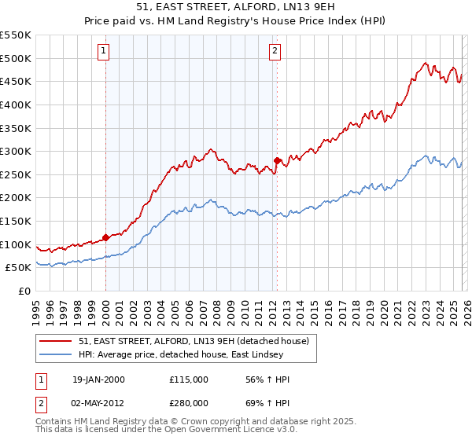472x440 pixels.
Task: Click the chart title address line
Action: (235, 7)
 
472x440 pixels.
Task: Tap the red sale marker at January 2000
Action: (105, 237)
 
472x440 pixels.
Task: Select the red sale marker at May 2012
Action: (277, 160)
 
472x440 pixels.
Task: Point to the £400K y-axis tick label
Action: (16, 104)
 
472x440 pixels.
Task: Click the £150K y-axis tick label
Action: (16, 221)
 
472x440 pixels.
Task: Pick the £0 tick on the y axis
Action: (24, 291)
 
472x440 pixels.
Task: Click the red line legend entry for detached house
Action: (197, 341)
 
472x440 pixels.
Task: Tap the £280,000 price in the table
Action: (189, 401)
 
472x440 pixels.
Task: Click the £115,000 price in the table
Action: (189, 379)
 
